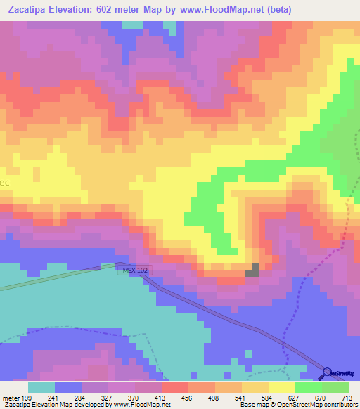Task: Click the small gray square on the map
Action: tap(252, 271)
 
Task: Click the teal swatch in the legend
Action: tap(41, 387)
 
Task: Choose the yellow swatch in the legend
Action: tap(281, 387)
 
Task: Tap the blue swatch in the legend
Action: tap(68, 387)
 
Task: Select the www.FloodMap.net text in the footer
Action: tap(142, 405)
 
